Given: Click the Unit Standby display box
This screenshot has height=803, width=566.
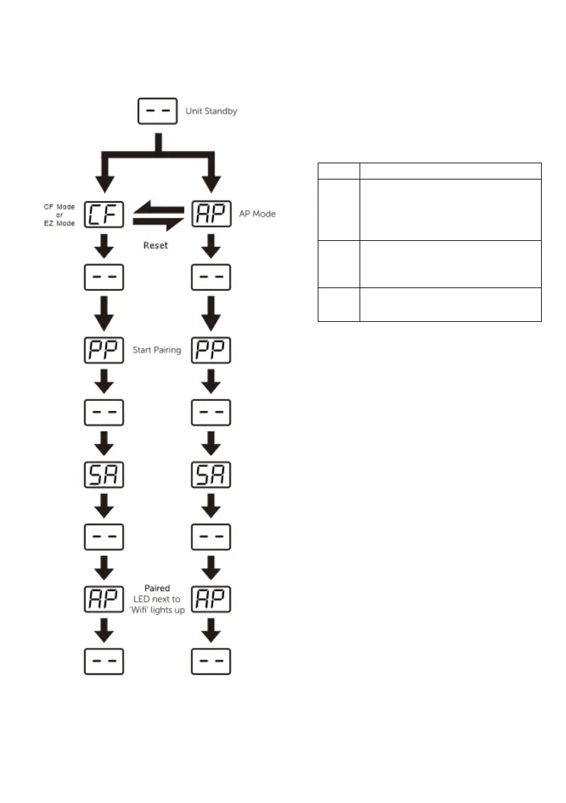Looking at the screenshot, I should click(157, 111).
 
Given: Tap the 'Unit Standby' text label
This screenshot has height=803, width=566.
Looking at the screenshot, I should click(211, 111).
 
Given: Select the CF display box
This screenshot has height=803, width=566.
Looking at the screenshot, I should click(103, 214).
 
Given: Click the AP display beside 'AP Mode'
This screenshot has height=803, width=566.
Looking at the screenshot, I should click(212, 214).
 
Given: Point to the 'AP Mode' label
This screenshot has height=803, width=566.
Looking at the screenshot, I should click(257, 214).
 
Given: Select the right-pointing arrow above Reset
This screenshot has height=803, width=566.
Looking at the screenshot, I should click(158, 223).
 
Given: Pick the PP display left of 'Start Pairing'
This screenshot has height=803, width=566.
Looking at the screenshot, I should click(103, 351).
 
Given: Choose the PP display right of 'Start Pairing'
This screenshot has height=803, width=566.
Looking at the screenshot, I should click(212, 351).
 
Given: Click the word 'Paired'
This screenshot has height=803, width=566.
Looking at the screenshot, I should click(157, 588).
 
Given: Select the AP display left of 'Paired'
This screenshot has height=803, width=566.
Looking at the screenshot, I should click(103, 599).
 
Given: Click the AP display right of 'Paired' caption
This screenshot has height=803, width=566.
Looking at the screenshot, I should click(212, 599).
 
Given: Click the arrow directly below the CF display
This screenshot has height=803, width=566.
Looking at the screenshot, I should click(103, 246).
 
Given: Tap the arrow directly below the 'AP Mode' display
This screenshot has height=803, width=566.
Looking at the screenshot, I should click(212, 246).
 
